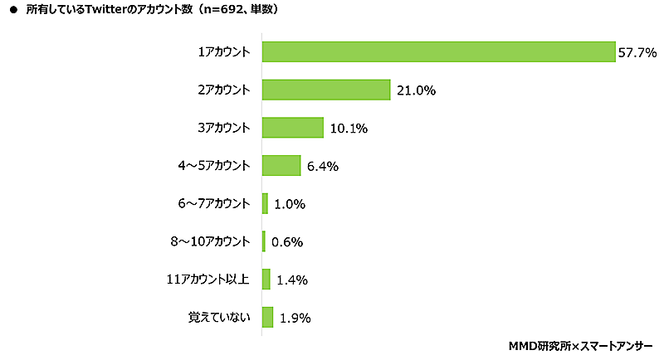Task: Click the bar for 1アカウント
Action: pyautogui.click(x=438, y=51)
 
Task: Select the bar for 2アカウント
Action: pyautogui.click(x=326, y=90)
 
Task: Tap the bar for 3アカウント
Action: pyautogui.click(x=292, y=127)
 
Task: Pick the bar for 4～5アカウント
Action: pyautogui.click(x=281, y=165)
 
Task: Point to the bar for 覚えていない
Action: pyautogui.click(x=267, y=317)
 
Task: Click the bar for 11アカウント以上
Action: pyautogui.click(x=266, y=280)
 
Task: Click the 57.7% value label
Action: pyautogui.click(x=637, y=52)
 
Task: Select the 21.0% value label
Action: pyautogui.click(x=415, y=90)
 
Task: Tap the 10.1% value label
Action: pyautogui.click(x=348, y=129)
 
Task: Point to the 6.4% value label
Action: pyautogui.click(x=323, y=166)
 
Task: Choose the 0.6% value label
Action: pyautogui.click(x=286, y=242)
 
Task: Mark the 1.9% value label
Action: pyautogui.click(x=295, y=318)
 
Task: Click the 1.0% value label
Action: pyautogui.click(x=289, y=204)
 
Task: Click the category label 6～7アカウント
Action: pyautogui.click(x=214, y=203)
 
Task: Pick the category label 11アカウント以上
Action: pyautogui.click(x=209, y=280)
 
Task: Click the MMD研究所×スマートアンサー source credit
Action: pyautogui.click(x=580, y=344)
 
